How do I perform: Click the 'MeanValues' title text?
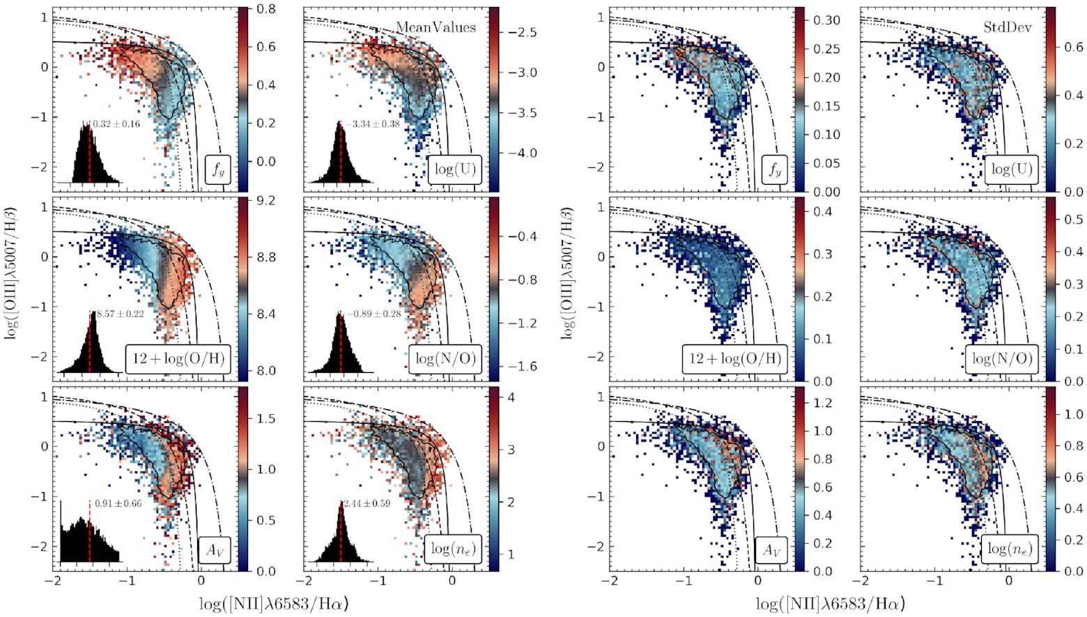(x=435, y=27)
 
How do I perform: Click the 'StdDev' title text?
(x=1007, y=27)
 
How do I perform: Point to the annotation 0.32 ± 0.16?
(x=116, y=124)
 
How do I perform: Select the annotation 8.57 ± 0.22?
(x=120, y=314)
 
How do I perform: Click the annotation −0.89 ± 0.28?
(x=373, y=314)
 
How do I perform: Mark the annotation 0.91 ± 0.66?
(x=118, y=503)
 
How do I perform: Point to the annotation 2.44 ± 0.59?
(x=367, y=503)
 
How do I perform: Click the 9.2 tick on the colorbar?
(x=266, y=201)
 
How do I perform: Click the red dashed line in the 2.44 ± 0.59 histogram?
(x=341, y=533)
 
